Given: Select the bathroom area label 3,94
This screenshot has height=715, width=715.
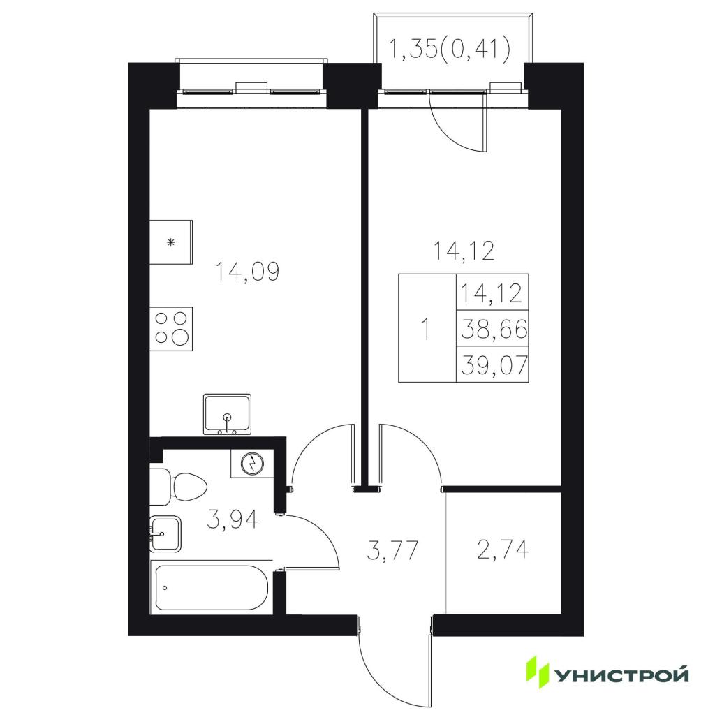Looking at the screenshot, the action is (233, 519).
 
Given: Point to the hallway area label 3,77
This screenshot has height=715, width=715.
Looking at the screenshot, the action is (392, 550).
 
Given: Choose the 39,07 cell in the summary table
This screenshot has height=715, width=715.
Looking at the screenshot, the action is (493, 364).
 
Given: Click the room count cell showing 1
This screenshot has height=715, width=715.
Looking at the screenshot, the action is (427, 328).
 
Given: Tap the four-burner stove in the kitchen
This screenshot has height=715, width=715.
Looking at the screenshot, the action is (171, 329).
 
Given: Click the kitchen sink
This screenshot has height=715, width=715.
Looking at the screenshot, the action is (227, 413).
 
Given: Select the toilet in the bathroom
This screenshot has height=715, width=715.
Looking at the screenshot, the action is (178, 486).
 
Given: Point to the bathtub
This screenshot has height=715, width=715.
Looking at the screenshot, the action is (211, 588).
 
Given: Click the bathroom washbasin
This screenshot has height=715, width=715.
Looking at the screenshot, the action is (165, 533).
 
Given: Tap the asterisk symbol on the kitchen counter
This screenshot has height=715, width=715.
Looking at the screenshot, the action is (171, 242).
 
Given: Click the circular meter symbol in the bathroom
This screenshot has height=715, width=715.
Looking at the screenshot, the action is (252, 464).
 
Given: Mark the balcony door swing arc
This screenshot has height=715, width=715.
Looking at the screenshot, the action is (449, 135).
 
